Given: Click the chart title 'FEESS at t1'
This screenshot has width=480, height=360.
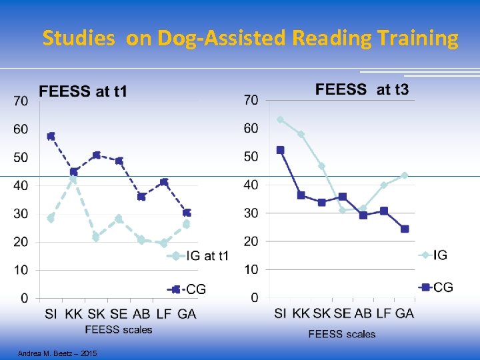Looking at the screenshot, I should [83, 91].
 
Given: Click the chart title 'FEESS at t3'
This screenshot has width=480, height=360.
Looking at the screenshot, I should [362, 89].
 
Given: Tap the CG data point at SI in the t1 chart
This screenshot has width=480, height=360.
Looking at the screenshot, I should [51, 136].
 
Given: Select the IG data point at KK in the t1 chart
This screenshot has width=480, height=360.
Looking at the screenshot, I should [74, 179].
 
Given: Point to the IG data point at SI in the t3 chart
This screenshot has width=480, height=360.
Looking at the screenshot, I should [280, 120].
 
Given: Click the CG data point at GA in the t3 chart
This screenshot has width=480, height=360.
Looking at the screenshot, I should [405, 229].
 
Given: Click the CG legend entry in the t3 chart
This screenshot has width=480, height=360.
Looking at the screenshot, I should [436, 287].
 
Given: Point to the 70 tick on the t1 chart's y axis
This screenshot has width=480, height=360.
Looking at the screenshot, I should [21, 101].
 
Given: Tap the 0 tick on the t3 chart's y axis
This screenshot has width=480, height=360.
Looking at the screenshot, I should [255, 297].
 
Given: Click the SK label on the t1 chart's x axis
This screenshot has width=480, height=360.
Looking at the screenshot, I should [96, 314].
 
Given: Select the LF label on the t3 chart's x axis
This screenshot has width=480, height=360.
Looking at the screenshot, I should [383, 313].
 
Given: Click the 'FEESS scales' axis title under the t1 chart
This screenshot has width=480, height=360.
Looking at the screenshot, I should [119, 329].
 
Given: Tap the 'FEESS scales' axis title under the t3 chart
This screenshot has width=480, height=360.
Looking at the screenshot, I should [342, 333].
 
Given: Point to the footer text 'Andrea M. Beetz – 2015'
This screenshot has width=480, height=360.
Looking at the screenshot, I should [57, 353].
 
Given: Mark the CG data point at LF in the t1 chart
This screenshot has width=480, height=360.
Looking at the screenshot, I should [164, 182].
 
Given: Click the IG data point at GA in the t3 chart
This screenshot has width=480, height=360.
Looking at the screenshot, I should [405, 175].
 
